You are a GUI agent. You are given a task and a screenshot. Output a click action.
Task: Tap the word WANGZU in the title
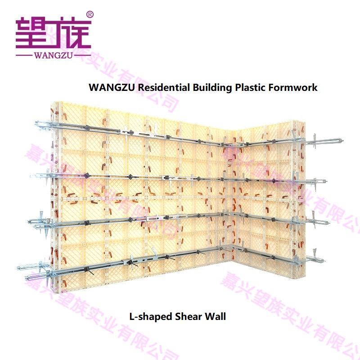pyautogui.click(x=112, y=87)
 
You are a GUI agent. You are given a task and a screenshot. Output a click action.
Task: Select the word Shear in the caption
pyautogui.click(x=188, y=316)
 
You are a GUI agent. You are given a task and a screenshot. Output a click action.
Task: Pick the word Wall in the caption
pyautogui.click(x=216, y=316)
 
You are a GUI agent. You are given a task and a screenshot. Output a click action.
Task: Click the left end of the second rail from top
pyautogui.click(x=31, y=175)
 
